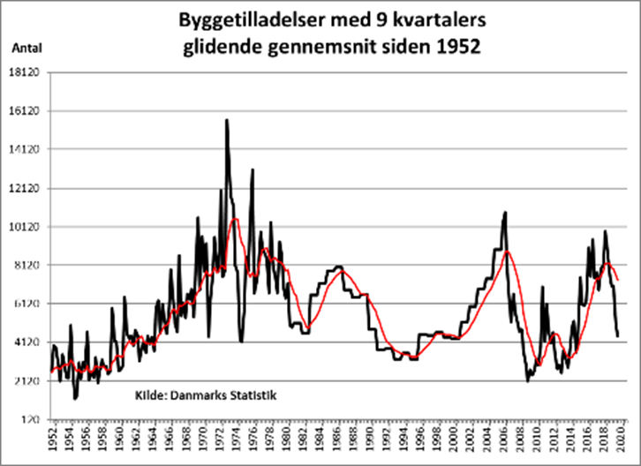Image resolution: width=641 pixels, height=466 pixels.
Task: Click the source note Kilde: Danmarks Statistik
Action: point(206,395)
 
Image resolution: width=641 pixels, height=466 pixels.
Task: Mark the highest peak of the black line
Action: point(227,120)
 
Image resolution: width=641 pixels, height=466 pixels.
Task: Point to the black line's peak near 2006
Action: point(505,212)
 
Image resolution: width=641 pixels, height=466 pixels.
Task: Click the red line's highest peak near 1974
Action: point(235,219)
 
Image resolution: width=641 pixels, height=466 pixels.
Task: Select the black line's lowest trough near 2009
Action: point(527,380)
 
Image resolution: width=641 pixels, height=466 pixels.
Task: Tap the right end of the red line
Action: point(618,280)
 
